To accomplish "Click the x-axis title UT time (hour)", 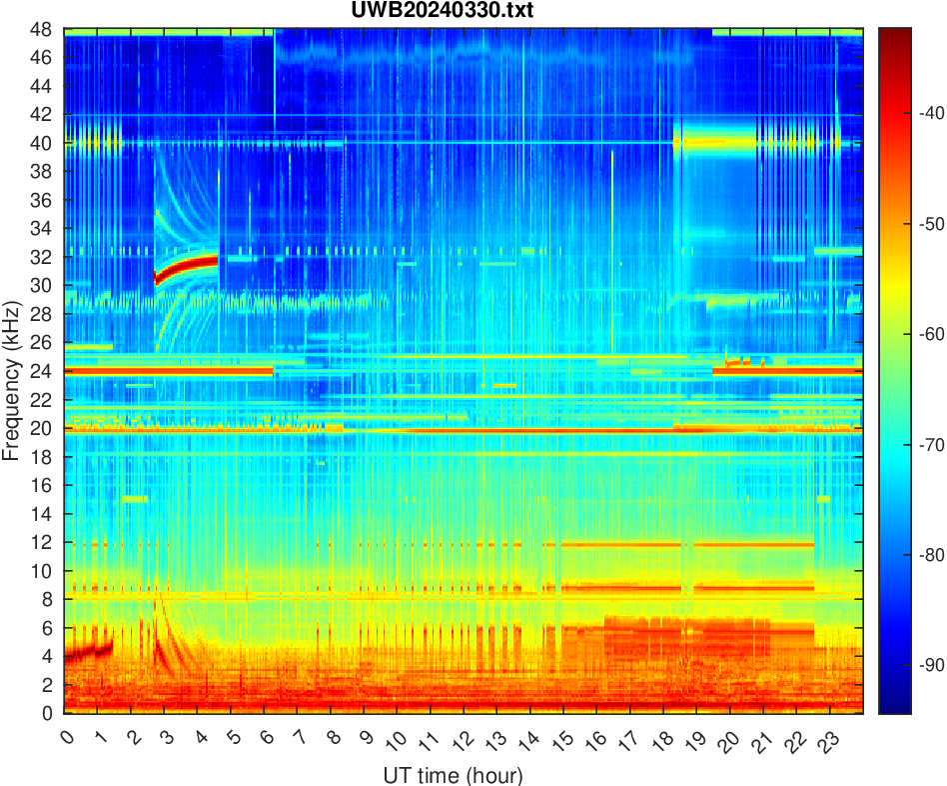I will (x=453, y=775).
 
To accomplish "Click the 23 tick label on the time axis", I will (x=826, y=741).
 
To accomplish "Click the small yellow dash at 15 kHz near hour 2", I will (x=134, y=499).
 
